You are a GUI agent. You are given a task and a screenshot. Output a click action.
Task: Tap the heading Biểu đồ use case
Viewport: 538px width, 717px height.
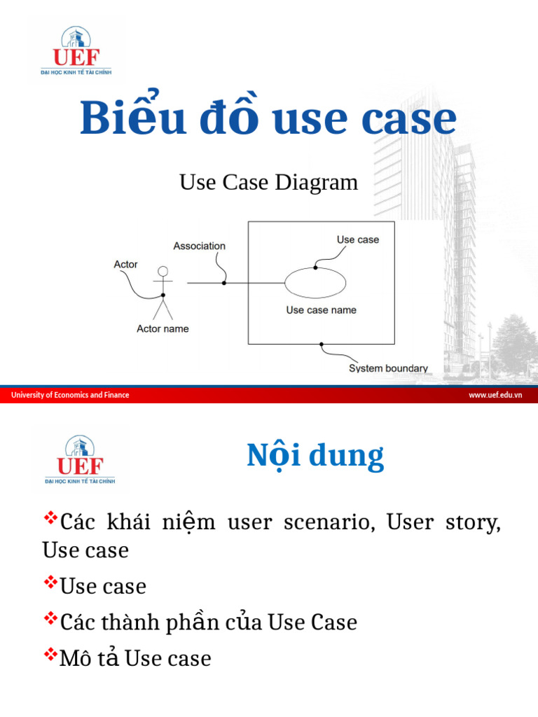click(268, 118)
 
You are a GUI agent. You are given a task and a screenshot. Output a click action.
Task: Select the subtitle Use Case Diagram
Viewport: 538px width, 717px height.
click(268, 183)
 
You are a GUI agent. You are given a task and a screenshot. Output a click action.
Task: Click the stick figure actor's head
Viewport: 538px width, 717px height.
click(163, 272)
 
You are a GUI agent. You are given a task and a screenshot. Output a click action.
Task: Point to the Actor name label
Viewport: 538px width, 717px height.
click(163, 328)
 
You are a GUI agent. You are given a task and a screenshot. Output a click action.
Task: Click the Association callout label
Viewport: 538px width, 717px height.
click(200, 246)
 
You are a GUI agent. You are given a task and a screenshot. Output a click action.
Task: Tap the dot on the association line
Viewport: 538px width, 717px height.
click(224, 283)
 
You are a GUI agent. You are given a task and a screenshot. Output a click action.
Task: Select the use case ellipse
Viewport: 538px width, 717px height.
click(315, 284)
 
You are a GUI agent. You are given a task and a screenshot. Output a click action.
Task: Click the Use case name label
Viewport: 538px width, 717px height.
click(321, 310)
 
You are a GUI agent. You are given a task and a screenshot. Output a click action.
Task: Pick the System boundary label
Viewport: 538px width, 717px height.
click(388, 368)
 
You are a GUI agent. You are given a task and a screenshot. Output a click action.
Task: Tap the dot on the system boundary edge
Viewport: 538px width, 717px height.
click(322, 344)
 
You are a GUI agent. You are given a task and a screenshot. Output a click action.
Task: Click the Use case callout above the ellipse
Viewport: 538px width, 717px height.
click(357, 239)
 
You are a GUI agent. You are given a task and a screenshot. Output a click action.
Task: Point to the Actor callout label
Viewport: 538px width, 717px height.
click(126, 265)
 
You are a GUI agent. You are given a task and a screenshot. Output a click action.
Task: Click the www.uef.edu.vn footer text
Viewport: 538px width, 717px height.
click(496, 395)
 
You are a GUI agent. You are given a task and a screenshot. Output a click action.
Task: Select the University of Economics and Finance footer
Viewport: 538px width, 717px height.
click(70, 395)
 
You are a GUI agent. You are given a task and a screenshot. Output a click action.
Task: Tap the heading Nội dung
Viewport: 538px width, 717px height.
click(315, 457)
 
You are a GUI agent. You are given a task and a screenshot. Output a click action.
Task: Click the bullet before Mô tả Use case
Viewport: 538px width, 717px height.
click(50, 655)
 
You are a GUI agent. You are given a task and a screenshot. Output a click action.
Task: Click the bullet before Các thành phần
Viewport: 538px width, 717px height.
click(50, 619)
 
